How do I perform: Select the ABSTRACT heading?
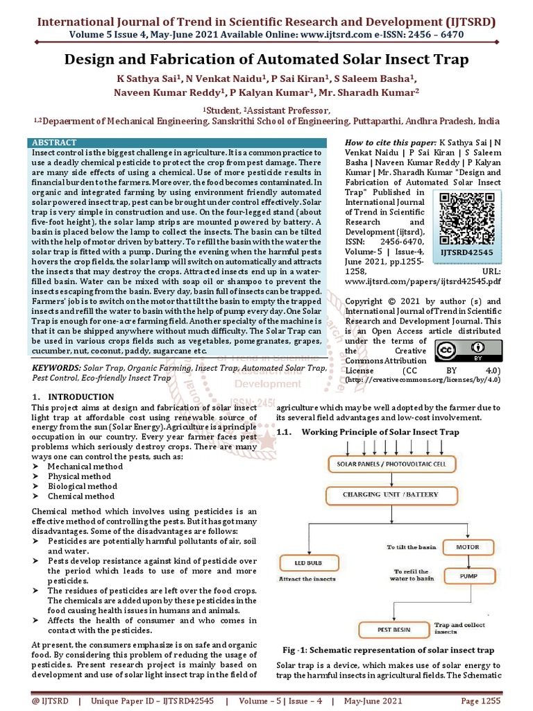55,141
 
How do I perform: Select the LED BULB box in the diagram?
299,562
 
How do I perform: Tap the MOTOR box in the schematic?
467,547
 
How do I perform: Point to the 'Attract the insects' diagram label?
307,578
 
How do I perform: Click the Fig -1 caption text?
388,651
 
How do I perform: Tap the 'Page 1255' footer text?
480,701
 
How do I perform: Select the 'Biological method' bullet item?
82,486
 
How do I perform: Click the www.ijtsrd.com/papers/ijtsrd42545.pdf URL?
423,283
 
